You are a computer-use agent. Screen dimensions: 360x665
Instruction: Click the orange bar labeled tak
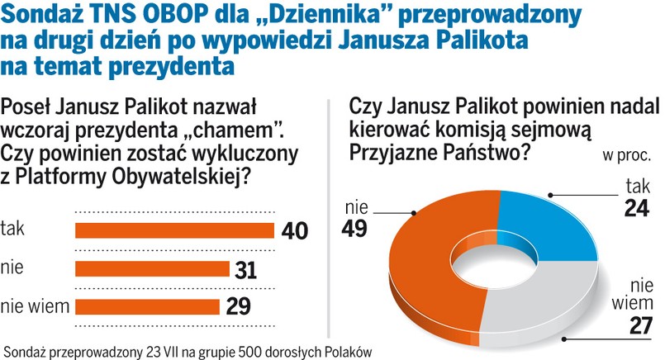(x=173, y=230)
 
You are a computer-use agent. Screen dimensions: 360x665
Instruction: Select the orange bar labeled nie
(x=151, y=268)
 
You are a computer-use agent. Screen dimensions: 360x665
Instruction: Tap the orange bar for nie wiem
(x=147, y=306)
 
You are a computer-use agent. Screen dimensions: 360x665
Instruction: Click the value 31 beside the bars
(x=245, y=269)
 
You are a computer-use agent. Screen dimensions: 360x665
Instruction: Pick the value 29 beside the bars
(x=237, y=306)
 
